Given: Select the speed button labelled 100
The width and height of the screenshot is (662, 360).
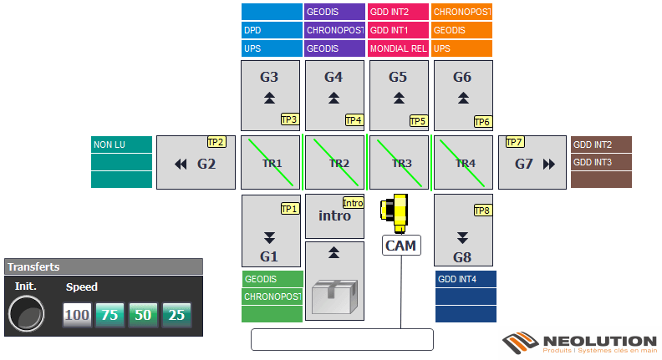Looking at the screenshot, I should point(78,315).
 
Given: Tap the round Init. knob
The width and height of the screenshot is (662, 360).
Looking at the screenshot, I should point(27,316).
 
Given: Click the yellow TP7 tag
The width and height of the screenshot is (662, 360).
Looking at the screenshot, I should point(514,142).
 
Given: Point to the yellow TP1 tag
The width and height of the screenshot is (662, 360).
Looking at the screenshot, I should point(289,209).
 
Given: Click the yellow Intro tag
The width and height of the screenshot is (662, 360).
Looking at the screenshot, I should point(354,202).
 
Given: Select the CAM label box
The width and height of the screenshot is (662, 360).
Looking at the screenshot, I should point(401,246).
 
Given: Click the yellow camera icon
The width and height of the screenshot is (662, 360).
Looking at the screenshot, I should point(395,213).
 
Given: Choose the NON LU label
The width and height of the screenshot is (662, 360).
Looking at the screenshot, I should point(122,145).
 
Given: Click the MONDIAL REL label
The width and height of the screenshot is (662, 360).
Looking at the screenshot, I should point(399,48).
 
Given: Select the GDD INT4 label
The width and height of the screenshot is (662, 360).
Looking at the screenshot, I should point(466,279).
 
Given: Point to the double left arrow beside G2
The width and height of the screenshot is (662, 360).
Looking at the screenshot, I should point(181,165).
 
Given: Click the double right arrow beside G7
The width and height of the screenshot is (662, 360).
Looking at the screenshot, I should point(549,165).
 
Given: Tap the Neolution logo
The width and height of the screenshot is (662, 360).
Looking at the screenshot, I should point(579,343).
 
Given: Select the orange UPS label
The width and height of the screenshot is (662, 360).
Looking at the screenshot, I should point(462,48).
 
